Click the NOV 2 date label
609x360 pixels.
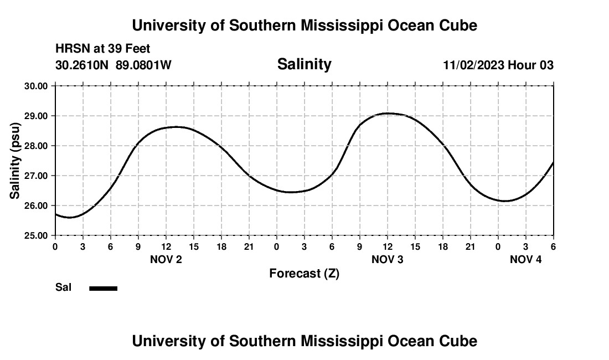[166, 259]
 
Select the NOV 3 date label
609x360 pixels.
[388, 259]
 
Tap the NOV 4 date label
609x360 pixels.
[525, 259]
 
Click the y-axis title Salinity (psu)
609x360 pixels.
[15, 161]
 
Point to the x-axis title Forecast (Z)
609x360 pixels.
[304, 273]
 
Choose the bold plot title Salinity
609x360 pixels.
[304, 64]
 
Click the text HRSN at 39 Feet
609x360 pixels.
[103, 49]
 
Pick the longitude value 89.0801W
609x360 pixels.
[143, 65]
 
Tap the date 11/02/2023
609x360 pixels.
[473, 65]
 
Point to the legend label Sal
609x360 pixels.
[64, 287]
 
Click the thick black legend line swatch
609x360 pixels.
[103, 288]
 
